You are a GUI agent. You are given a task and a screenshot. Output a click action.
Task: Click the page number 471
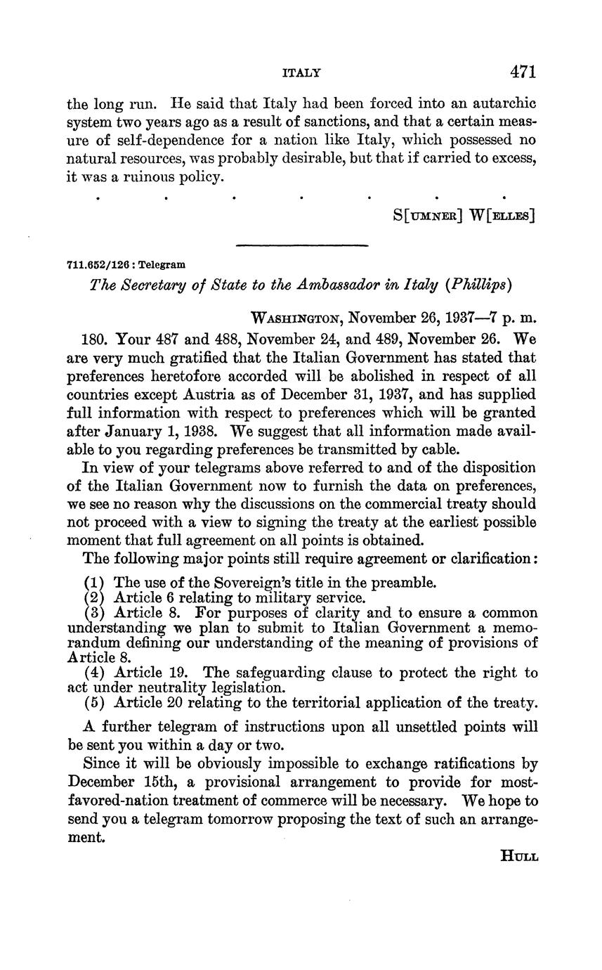(x=523, y=72)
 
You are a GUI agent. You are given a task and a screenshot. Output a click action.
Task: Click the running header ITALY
(x=301, y=72)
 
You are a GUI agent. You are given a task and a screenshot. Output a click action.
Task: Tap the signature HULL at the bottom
(x=519, y=856)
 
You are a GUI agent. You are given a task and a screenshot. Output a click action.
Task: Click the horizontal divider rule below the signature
(x=302, y=245)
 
